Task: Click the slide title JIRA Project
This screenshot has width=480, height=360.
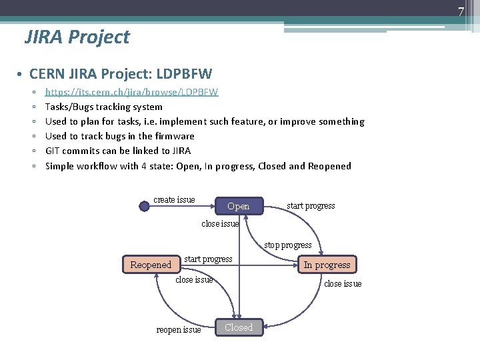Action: tap(77, 37)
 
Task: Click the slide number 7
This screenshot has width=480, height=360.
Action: tap(460, 10)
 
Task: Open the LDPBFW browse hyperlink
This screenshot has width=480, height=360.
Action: tap(131, 91)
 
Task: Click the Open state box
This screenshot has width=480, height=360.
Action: tap(238, 206)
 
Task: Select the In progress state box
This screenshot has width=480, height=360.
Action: tap(327, 265)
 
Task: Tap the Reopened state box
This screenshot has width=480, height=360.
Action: tap(151, 265)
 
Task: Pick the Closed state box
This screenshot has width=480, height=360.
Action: tap(239, 327)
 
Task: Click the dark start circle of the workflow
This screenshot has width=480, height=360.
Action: tap(145, 206)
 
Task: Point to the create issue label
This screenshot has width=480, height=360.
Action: tap(174, 200)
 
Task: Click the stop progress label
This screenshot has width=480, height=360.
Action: tap(287, 245)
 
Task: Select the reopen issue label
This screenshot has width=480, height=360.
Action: tap(178, 330)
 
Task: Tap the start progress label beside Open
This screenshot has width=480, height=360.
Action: tap(311, 206)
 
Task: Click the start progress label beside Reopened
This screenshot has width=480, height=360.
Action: tap(208, 259)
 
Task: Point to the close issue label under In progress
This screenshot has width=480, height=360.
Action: tap(343, 284)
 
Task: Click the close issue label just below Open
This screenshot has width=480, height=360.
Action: tap(220, 224)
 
